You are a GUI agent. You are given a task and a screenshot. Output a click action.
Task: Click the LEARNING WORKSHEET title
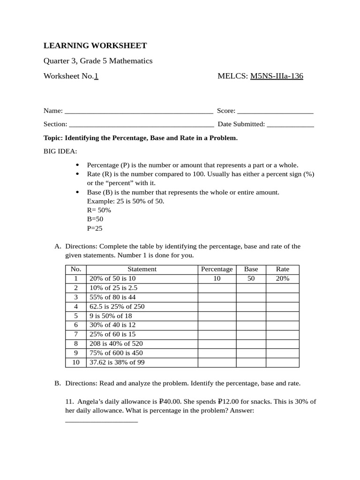95,45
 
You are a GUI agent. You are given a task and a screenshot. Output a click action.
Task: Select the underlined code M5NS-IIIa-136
277,76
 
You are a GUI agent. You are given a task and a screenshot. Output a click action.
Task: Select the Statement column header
142,269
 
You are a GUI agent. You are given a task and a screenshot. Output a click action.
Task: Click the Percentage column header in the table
217,269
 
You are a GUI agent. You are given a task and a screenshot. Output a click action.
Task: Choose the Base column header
251,269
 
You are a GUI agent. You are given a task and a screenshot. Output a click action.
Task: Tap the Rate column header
283,269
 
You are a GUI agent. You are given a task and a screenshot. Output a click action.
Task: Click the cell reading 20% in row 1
283,278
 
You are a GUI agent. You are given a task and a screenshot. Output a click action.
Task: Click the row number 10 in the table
76,362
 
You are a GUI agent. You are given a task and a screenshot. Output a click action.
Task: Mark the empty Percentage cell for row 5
217,316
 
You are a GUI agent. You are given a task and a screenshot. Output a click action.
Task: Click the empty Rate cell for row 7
283,334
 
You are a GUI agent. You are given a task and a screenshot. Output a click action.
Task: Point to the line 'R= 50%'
99,210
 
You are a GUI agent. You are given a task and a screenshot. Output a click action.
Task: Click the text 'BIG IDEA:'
60,151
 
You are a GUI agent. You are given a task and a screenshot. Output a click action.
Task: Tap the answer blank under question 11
101,421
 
